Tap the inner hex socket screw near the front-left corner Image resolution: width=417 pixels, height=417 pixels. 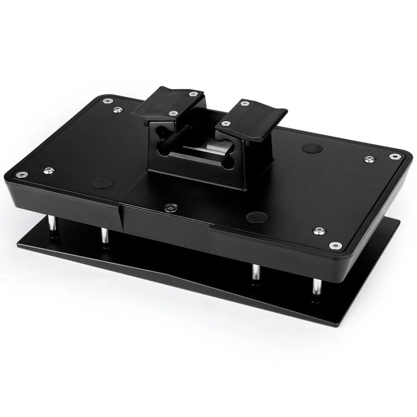[48, 170]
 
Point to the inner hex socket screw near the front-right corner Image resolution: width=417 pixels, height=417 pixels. [319, 230]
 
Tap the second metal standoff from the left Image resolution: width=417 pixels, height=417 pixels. [103, 237]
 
